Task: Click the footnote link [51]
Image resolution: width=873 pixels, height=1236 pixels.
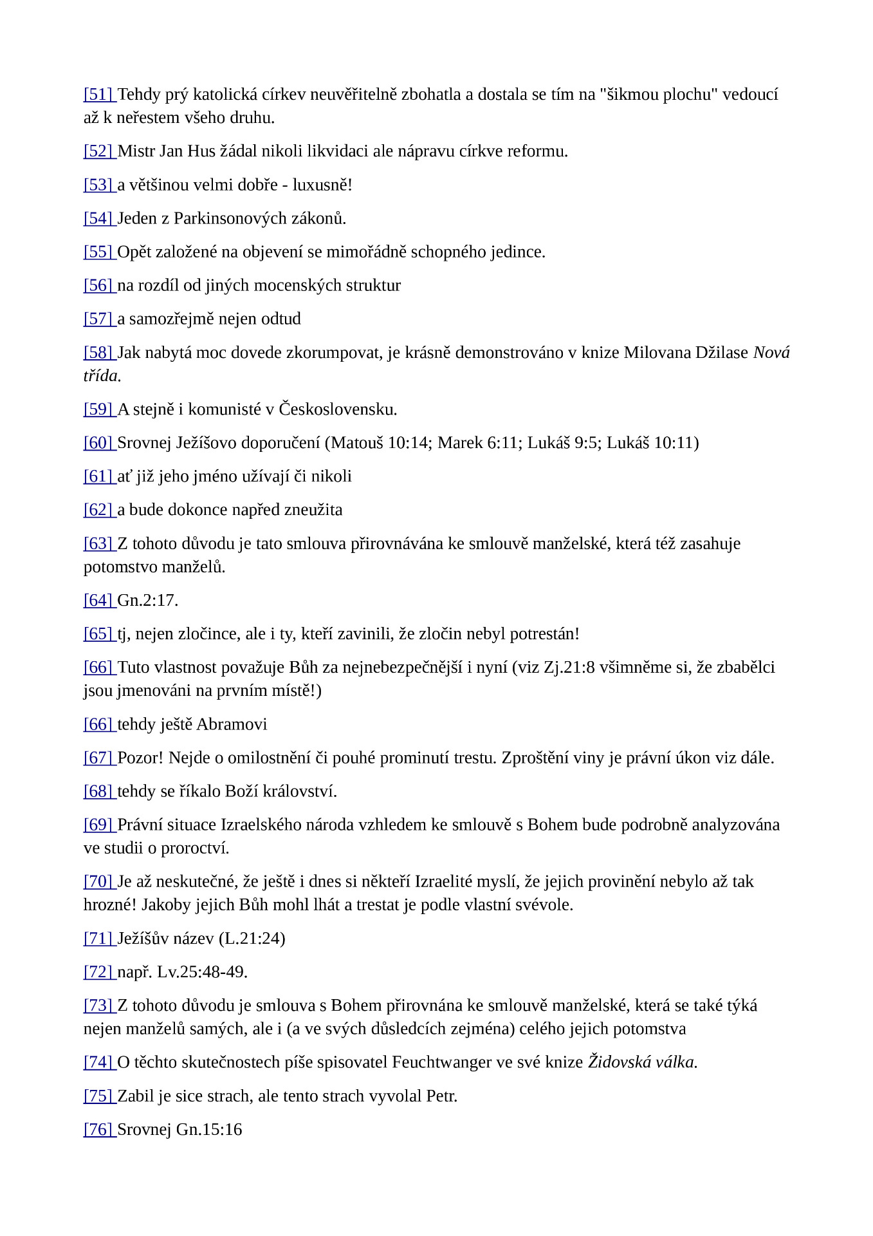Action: click(98, 95)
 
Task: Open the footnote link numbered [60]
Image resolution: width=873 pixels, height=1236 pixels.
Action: click(98, 443)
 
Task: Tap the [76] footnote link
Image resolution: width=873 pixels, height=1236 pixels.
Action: click(98, 1129)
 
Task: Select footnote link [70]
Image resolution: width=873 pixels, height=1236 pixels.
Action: click(98, 881)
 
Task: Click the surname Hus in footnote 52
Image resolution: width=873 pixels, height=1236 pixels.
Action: click(203, 151)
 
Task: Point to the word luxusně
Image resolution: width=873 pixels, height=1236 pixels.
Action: click(322, 185)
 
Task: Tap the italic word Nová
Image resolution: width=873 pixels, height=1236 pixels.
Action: click(771, 353)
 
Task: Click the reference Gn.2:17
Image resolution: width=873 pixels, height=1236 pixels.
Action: click(147, 600)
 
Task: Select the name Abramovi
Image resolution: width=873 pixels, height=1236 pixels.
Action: click(232, 724)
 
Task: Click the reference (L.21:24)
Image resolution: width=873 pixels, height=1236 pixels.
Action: click(252, 938)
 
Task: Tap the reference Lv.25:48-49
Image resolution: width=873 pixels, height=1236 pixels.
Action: click(202, 971)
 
